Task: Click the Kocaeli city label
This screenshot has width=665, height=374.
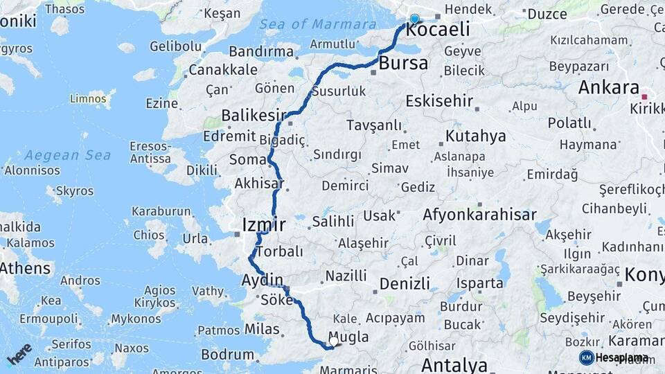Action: (x=437, y=30)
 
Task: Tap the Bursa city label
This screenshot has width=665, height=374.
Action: (x=404, y=64)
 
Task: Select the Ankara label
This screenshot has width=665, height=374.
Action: (x=608, y=88)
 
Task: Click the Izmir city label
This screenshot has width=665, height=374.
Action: (x=264, y=224)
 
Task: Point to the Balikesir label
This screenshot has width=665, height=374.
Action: (x=254, y=115)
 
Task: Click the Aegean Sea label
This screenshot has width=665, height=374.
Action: (x=68, y=155)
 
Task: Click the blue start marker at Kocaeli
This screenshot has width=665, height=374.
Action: (x=414, y=19)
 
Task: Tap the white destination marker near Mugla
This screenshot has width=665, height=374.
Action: (x=334, y=341)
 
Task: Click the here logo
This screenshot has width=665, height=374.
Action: (x=19, y=353)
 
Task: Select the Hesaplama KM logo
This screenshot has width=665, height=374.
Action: (x=614, y=357)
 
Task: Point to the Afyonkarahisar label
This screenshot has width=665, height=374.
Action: (x=479, y=215)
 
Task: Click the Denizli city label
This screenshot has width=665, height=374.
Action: (x=404, y=283)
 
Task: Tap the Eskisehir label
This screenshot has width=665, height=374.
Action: (x=439, y=101)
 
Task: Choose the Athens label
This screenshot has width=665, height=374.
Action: (x=26, y=268)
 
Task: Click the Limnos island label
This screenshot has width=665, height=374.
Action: (x=88, y=99)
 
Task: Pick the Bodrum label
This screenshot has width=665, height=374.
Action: (x=227, y=355)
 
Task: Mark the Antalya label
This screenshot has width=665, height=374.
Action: (x=454, y=364)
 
